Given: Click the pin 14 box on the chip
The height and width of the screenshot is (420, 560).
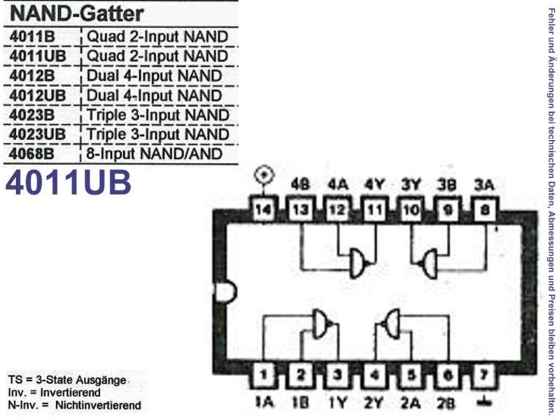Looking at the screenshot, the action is [x=264, y=209].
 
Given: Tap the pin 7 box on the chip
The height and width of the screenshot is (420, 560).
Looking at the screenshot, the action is [x=484, y=375].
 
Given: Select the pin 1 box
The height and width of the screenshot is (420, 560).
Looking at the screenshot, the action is [x=264, y=375].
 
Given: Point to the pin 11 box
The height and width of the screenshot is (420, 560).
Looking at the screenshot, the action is [x=375, y=209].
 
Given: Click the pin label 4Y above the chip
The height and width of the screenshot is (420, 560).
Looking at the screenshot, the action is [x=374, y=185].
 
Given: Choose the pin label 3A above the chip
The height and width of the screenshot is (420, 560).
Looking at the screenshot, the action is [x=484, y=185].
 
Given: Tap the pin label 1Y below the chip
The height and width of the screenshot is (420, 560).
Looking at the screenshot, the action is [x=337, y=403].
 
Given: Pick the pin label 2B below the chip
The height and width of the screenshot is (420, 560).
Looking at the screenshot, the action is [x=447, y=403].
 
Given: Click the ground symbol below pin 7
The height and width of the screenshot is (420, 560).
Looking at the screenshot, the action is [x=484, y=402].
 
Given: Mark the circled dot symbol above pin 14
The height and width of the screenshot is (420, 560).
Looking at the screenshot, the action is [x=264, y=175].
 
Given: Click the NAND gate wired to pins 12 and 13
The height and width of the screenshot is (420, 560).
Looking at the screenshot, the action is [x=358, y=263].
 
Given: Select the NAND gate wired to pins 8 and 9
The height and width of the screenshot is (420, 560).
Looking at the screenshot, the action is [x=428, y=264].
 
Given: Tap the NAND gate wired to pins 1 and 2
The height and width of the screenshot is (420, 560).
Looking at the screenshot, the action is [x=322, y=324].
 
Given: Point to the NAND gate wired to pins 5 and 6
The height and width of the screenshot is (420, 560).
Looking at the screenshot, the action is [x=390, y=324].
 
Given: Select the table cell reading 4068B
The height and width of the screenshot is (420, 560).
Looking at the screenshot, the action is [x=31, y=154].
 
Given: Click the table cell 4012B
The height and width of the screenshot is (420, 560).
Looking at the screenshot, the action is [x=32, y=76].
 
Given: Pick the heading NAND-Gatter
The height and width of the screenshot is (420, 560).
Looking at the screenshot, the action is [x=77, y=13].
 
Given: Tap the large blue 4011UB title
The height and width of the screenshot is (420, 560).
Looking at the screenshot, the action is [x=68, y=182].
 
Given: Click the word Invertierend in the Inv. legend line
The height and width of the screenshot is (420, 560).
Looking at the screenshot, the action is [x=71, y=393].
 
